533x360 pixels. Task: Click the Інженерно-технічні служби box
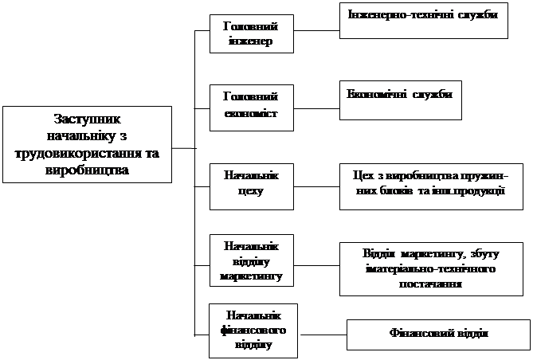[423, 19]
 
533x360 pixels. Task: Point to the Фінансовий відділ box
[437, 334]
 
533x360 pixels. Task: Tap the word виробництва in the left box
[88, 169]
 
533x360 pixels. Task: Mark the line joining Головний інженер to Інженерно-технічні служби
[315, 32]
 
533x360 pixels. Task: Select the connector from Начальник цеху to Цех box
[315, 187]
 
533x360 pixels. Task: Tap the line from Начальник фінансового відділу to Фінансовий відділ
[319, 334]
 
